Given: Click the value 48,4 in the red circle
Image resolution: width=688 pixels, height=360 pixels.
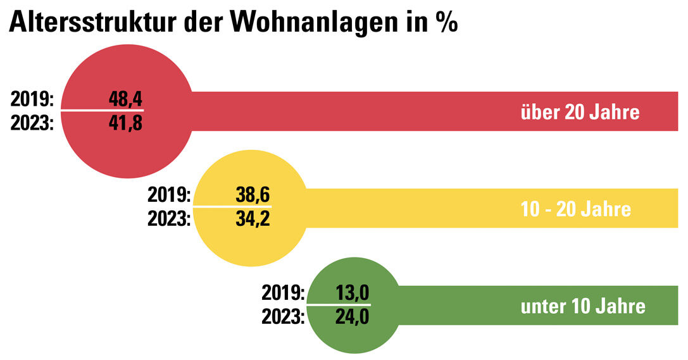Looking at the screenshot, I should pos(125,99).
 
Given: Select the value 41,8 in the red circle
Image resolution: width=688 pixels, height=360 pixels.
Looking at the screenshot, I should pos(125,122).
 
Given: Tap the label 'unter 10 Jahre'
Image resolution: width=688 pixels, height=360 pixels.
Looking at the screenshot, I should pos(583,306).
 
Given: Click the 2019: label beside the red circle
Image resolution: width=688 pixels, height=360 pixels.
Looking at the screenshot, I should pos(34,99).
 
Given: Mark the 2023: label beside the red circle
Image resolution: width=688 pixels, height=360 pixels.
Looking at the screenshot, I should pos(34,122).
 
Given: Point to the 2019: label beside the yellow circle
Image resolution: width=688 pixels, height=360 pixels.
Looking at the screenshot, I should pos(170,195).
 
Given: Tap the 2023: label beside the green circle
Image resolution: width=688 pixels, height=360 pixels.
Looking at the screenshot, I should pos(283,316).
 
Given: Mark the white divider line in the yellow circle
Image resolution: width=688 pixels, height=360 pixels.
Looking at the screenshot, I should pos(232,207).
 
